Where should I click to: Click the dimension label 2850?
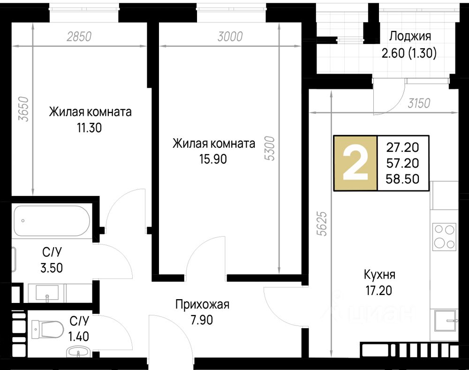click(79, 37)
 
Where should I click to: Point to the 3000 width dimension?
click(230, 37)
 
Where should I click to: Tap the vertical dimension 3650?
click(23, 109)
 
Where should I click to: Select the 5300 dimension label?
click(270, 148)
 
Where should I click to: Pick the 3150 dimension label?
click(419, 103)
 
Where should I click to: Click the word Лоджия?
click(410, 36)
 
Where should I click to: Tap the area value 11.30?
click(90, 128)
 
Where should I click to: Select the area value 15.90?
click(213, 159)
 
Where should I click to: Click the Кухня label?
click(379, 275)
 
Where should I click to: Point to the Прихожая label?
click(202, 304)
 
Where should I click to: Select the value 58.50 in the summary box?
click(402, 179)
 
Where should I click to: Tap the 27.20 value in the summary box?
click(402, 147)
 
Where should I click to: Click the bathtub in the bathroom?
click(52, 221)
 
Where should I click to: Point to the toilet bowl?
click(47, 329)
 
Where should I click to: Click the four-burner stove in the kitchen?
click(444, 237)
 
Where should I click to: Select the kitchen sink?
click(445, 321)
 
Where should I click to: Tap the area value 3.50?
click(52, 268)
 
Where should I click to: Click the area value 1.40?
click(79, 337)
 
